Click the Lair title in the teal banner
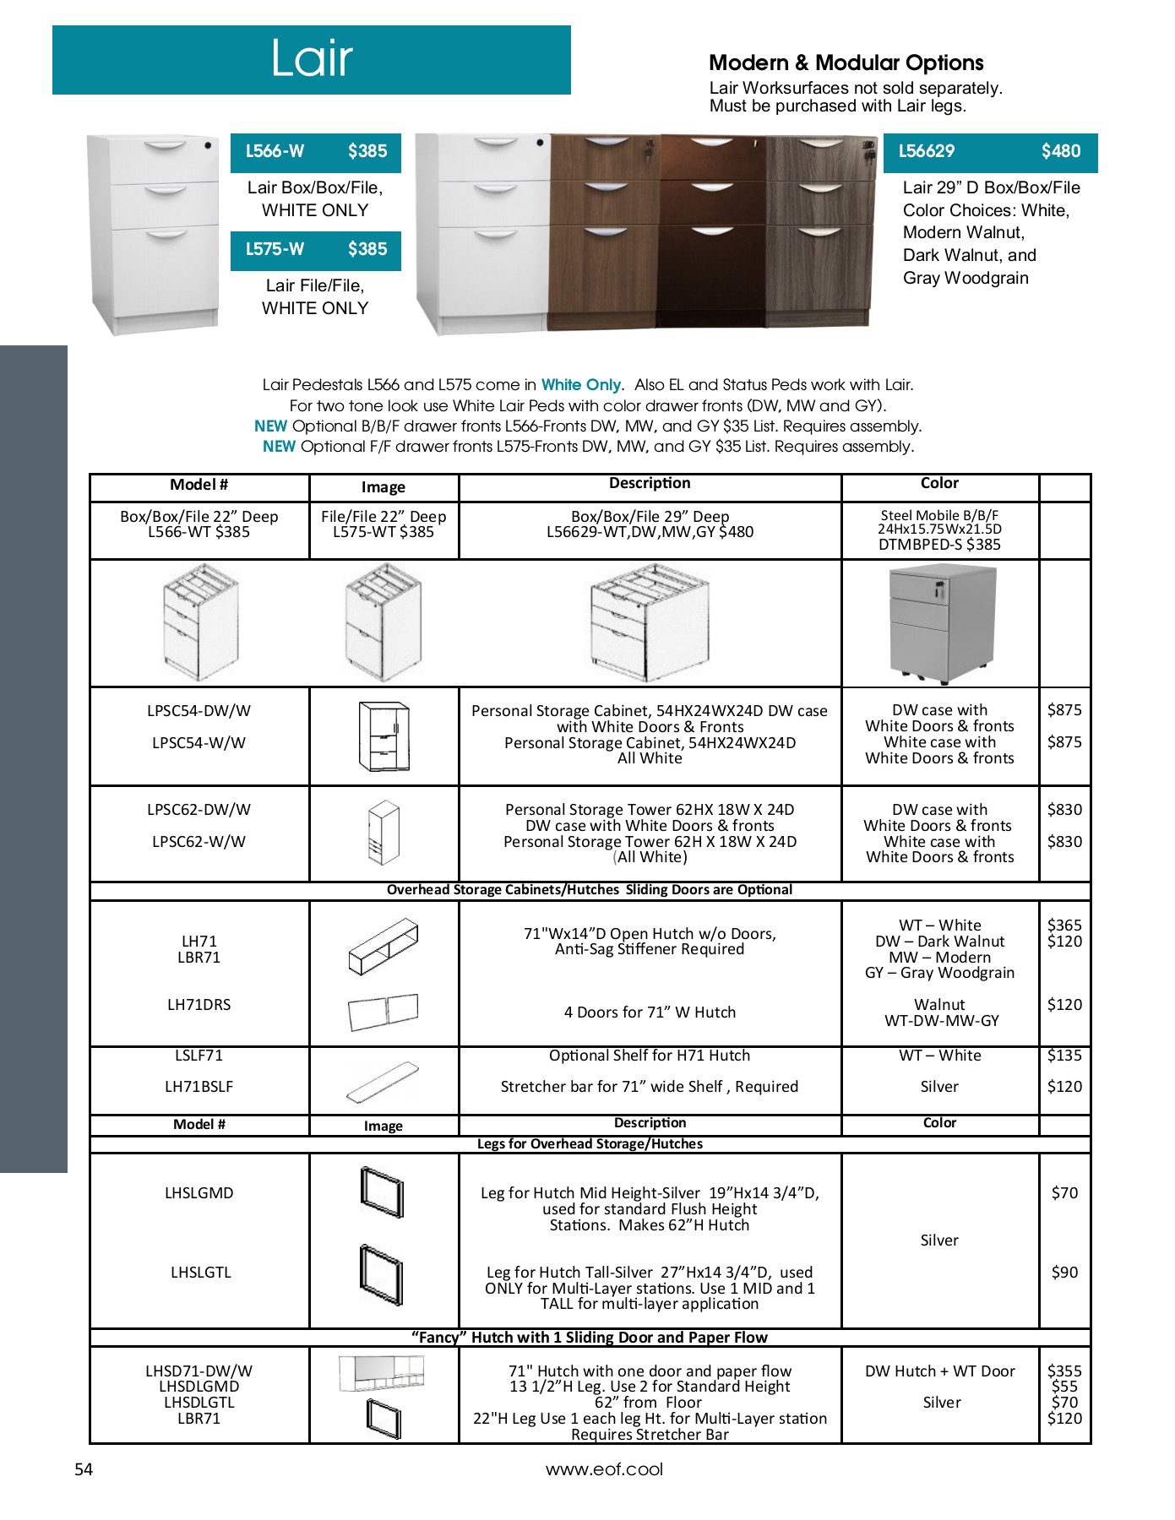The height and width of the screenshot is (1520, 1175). [x=311, y=59]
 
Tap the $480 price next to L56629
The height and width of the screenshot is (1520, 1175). [x=1060, y=151]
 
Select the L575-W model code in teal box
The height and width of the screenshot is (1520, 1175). [x=275, y=249]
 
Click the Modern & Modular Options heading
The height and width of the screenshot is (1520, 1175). [x=846, y=63]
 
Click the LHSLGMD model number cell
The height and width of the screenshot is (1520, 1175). [x=199, y=1193]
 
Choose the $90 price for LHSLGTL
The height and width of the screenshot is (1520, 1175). [x=1064, y=1273]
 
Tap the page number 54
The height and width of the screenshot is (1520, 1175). [x=84, y=1470]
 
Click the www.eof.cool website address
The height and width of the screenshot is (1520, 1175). [x=604, y=1470]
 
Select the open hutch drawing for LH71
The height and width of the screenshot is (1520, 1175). [x=383, y=947]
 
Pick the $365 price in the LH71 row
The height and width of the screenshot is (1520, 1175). [x=1064, y=926]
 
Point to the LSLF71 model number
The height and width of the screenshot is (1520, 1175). [x=199, y=1056]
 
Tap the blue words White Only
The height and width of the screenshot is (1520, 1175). [x=580, y=385]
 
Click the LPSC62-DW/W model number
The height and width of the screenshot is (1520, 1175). [x=199, y=810]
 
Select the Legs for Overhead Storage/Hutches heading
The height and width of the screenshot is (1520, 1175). [x=590, y=1144]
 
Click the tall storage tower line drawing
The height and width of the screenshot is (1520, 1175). [x=383, y=833]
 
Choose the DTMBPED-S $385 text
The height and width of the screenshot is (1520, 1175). [x=939, y=545]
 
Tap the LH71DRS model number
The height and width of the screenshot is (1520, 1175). [x=199, y=1005]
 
